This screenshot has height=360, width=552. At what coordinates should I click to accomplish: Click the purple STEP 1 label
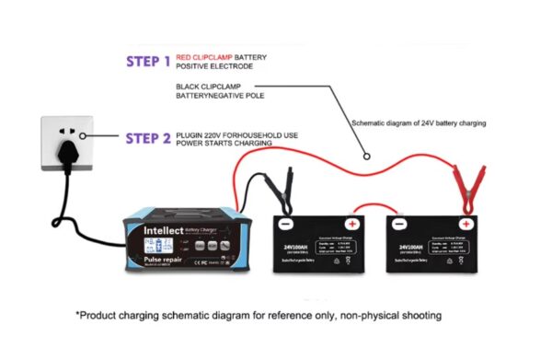coord(148,63)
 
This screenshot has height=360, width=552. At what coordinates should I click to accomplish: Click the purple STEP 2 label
coord(148,139)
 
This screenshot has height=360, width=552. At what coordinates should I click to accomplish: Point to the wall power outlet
coord(67,142)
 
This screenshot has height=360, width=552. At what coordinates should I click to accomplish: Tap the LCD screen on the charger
coord(151,246)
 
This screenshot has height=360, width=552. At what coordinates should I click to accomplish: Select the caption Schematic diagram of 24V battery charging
coord(419,122)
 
